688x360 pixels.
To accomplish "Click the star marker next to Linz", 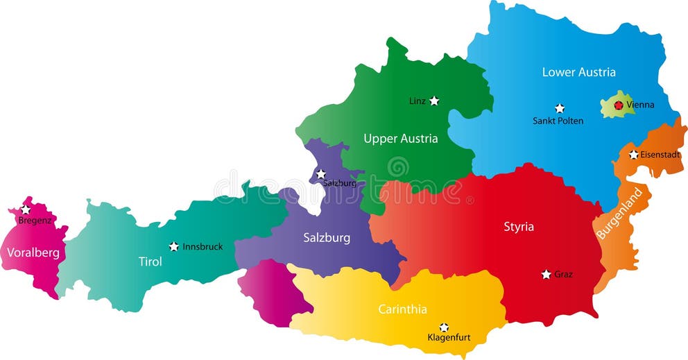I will [434, 101].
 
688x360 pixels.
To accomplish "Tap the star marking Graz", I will [547, 275].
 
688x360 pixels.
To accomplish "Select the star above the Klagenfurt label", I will [444, 327].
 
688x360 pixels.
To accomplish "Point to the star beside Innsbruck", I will [173, 246].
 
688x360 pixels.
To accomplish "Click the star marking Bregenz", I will [26, 209].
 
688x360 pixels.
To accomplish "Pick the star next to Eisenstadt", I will [633, 155].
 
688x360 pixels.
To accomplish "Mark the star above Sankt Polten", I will [560, 108].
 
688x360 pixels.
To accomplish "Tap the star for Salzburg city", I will [321, 173].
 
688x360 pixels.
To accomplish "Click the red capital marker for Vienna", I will [618, 105].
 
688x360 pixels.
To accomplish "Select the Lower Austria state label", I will [578, 72].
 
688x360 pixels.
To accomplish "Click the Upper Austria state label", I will [400, 139].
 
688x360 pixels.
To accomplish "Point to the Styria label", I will [518, 227].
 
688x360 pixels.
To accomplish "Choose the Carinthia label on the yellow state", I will [402, 309].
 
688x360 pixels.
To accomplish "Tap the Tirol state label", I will [150, 262].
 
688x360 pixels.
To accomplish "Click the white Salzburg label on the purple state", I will [327, 238].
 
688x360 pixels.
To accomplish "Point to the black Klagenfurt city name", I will [449, 338].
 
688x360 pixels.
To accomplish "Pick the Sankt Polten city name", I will [558, 121].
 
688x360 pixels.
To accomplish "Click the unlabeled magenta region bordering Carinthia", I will [267, 291].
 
